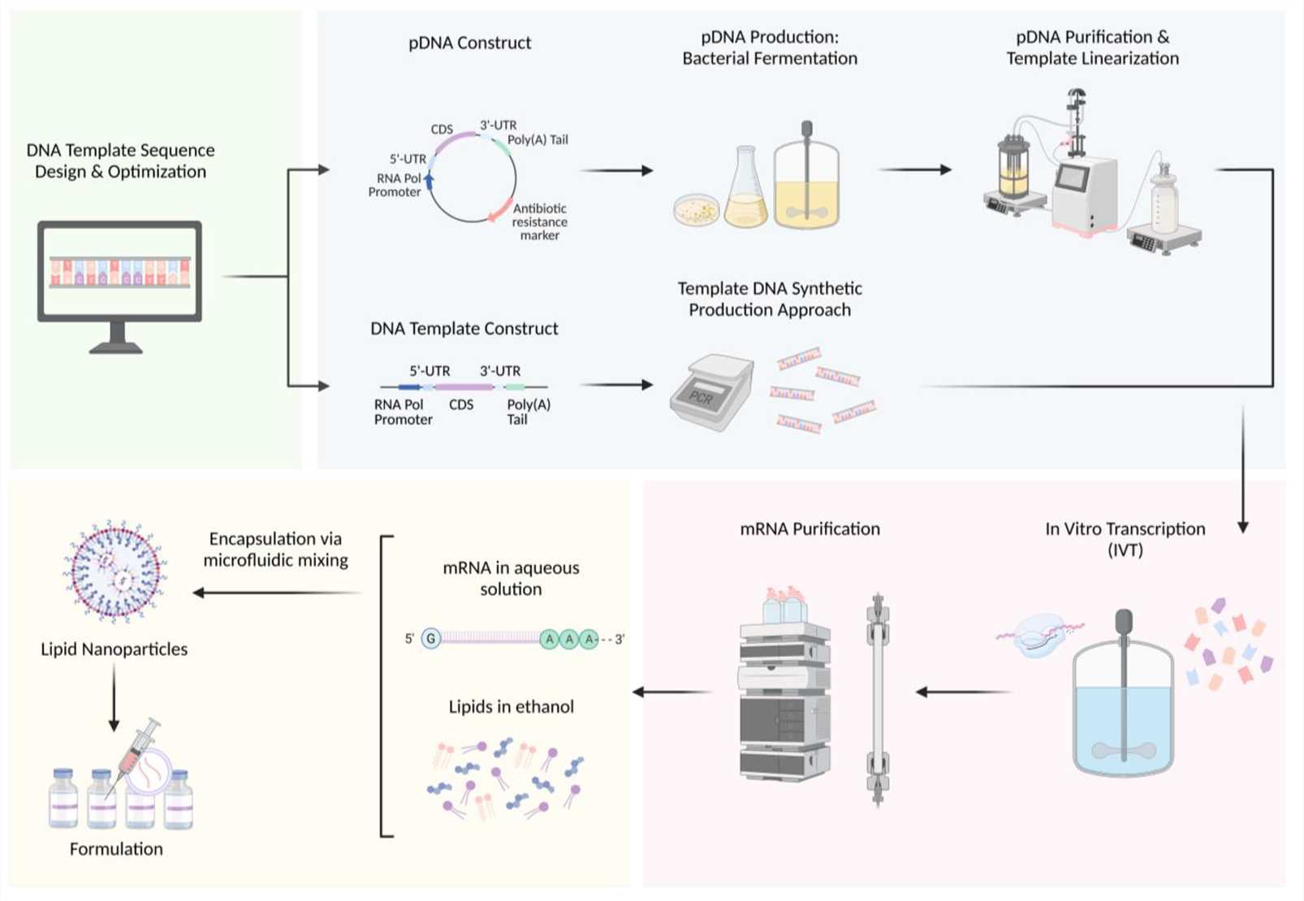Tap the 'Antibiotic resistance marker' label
(x=539, y=222)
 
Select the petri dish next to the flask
(x=697, y=210)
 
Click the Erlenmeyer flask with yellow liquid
(x=745, y=192)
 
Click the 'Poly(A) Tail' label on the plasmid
(x=538, y=140)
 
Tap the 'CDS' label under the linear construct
(x=460, y=404)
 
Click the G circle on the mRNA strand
(x=431, y=639)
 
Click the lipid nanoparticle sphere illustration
(x=114, y=571)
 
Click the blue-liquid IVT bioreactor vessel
(x=1123, y=714)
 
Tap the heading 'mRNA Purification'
(x=810, y=529)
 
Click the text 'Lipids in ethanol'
(x=511, y=707)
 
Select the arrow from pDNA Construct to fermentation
(x=617, y=170)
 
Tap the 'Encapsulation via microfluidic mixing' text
(x=275, y=550)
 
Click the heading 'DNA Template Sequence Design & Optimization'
(x=120, y=161)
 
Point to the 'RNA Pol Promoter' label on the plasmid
(x=395, y=185)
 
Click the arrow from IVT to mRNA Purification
(x=964, y=692)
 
